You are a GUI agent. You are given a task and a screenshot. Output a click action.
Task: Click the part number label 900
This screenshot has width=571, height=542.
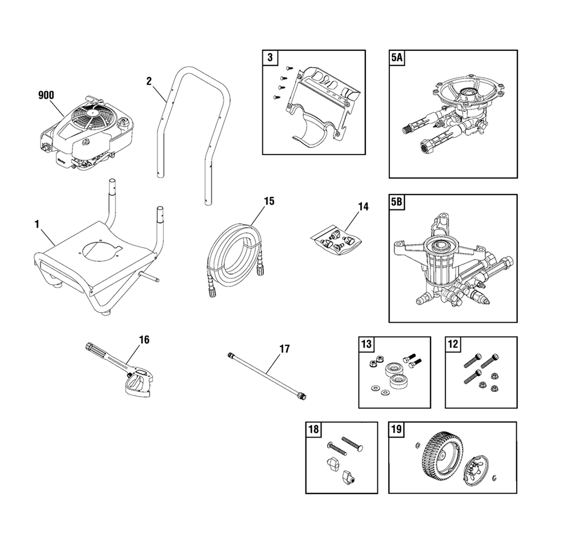(46, 95)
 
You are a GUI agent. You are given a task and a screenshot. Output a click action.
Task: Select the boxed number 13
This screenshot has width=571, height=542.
(367, 343)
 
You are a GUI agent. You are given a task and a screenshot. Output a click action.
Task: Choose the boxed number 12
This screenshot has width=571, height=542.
(453, 343)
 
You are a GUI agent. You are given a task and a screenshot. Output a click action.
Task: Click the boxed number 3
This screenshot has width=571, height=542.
(270, 58)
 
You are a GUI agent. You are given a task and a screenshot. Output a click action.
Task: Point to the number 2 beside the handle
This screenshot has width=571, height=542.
(149, 81)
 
